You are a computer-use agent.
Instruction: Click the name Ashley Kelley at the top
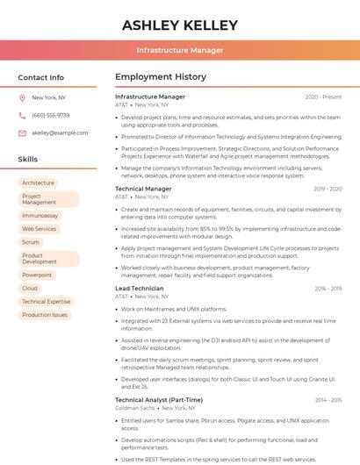point(180,25)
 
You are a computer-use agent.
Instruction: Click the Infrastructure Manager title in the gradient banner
point(180,50)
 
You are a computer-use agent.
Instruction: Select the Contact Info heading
point(41,77)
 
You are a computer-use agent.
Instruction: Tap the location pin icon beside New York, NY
point(22,98)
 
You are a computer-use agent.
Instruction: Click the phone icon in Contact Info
point(22,115)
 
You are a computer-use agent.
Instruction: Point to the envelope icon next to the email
point(22,132)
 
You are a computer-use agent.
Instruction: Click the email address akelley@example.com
point(60,132)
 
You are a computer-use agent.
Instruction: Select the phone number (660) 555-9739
point(50,115)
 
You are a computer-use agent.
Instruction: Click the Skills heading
point(28,159)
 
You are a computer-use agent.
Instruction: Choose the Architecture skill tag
point(39,182)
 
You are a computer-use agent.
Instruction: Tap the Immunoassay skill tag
point(40,215)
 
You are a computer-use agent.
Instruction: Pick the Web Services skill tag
point(40,229)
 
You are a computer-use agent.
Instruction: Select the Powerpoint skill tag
point(37,275)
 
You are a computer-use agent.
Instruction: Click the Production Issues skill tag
point(45,314)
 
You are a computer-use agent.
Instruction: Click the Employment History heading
point(161,77)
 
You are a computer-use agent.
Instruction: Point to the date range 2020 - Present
point(323,97)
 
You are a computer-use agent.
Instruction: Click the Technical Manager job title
point(143,189)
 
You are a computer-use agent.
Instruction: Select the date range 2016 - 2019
point(328,288)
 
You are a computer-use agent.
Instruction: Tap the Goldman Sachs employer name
point(134,407)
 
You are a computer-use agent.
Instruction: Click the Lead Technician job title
point(140,288)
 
